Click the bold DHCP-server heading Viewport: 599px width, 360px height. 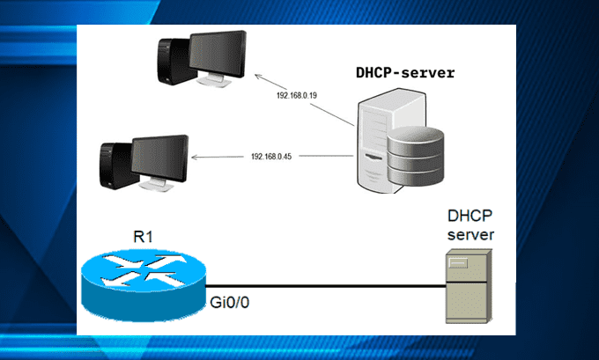coord(405,73)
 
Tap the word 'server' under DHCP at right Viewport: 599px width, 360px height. coord(472,235)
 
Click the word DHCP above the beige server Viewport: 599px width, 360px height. coord(471,217)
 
